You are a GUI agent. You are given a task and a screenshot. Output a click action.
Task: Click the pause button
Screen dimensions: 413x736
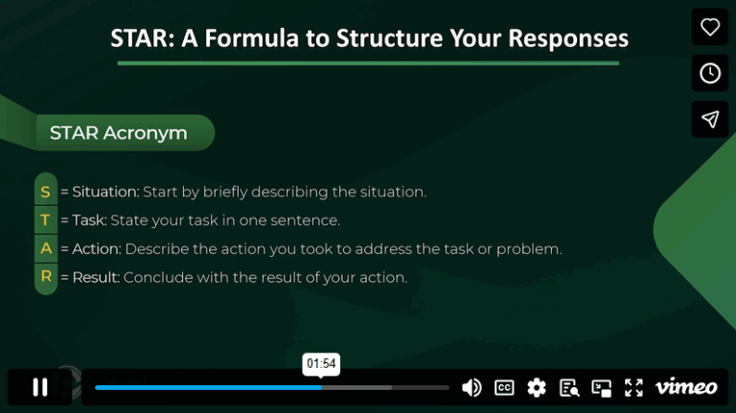(x=40, y=387)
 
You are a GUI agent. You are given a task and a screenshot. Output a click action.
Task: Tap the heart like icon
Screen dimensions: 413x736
(x=710, y=28)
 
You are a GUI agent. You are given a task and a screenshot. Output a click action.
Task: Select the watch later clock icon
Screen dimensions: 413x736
(x=710, y=74)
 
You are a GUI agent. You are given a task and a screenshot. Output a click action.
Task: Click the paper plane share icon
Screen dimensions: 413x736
(x=710, y=120)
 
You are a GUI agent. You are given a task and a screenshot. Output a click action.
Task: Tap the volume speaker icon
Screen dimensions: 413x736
(x=471, y=387)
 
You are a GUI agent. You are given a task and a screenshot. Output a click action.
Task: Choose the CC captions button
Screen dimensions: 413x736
(x=504, y=387)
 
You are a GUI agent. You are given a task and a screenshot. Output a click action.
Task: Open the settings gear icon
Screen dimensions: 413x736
(x=537, y=387)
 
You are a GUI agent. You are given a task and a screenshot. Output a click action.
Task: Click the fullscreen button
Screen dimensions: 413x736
(x=633, y=387)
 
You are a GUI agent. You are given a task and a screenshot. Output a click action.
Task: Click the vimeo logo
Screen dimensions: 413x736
(x=686, y=387)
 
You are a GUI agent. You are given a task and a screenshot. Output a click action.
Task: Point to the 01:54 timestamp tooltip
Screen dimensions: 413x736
(x=321, y=364)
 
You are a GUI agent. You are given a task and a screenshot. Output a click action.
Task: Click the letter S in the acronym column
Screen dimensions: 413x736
(x=46, y=192)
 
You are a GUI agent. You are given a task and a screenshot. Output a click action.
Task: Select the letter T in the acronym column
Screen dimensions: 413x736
(x=46, y=220)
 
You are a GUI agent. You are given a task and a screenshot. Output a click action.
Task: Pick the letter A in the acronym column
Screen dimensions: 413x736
(x=46, y=249)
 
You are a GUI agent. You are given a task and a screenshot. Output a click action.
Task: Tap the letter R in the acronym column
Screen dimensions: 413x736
(x=46, y=278)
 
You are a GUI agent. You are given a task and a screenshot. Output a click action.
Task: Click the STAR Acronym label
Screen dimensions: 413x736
(x=118, y=133)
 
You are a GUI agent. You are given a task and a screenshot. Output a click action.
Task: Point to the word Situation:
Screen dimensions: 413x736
(x=105, y=192)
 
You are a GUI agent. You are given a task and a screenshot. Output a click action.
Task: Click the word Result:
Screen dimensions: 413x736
(x=96, y=278)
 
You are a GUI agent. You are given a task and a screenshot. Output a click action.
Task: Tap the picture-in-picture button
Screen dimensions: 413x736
(x=601, y=387)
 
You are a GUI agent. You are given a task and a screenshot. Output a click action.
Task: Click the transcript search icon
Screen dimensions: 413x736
(x=569, y=387)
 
